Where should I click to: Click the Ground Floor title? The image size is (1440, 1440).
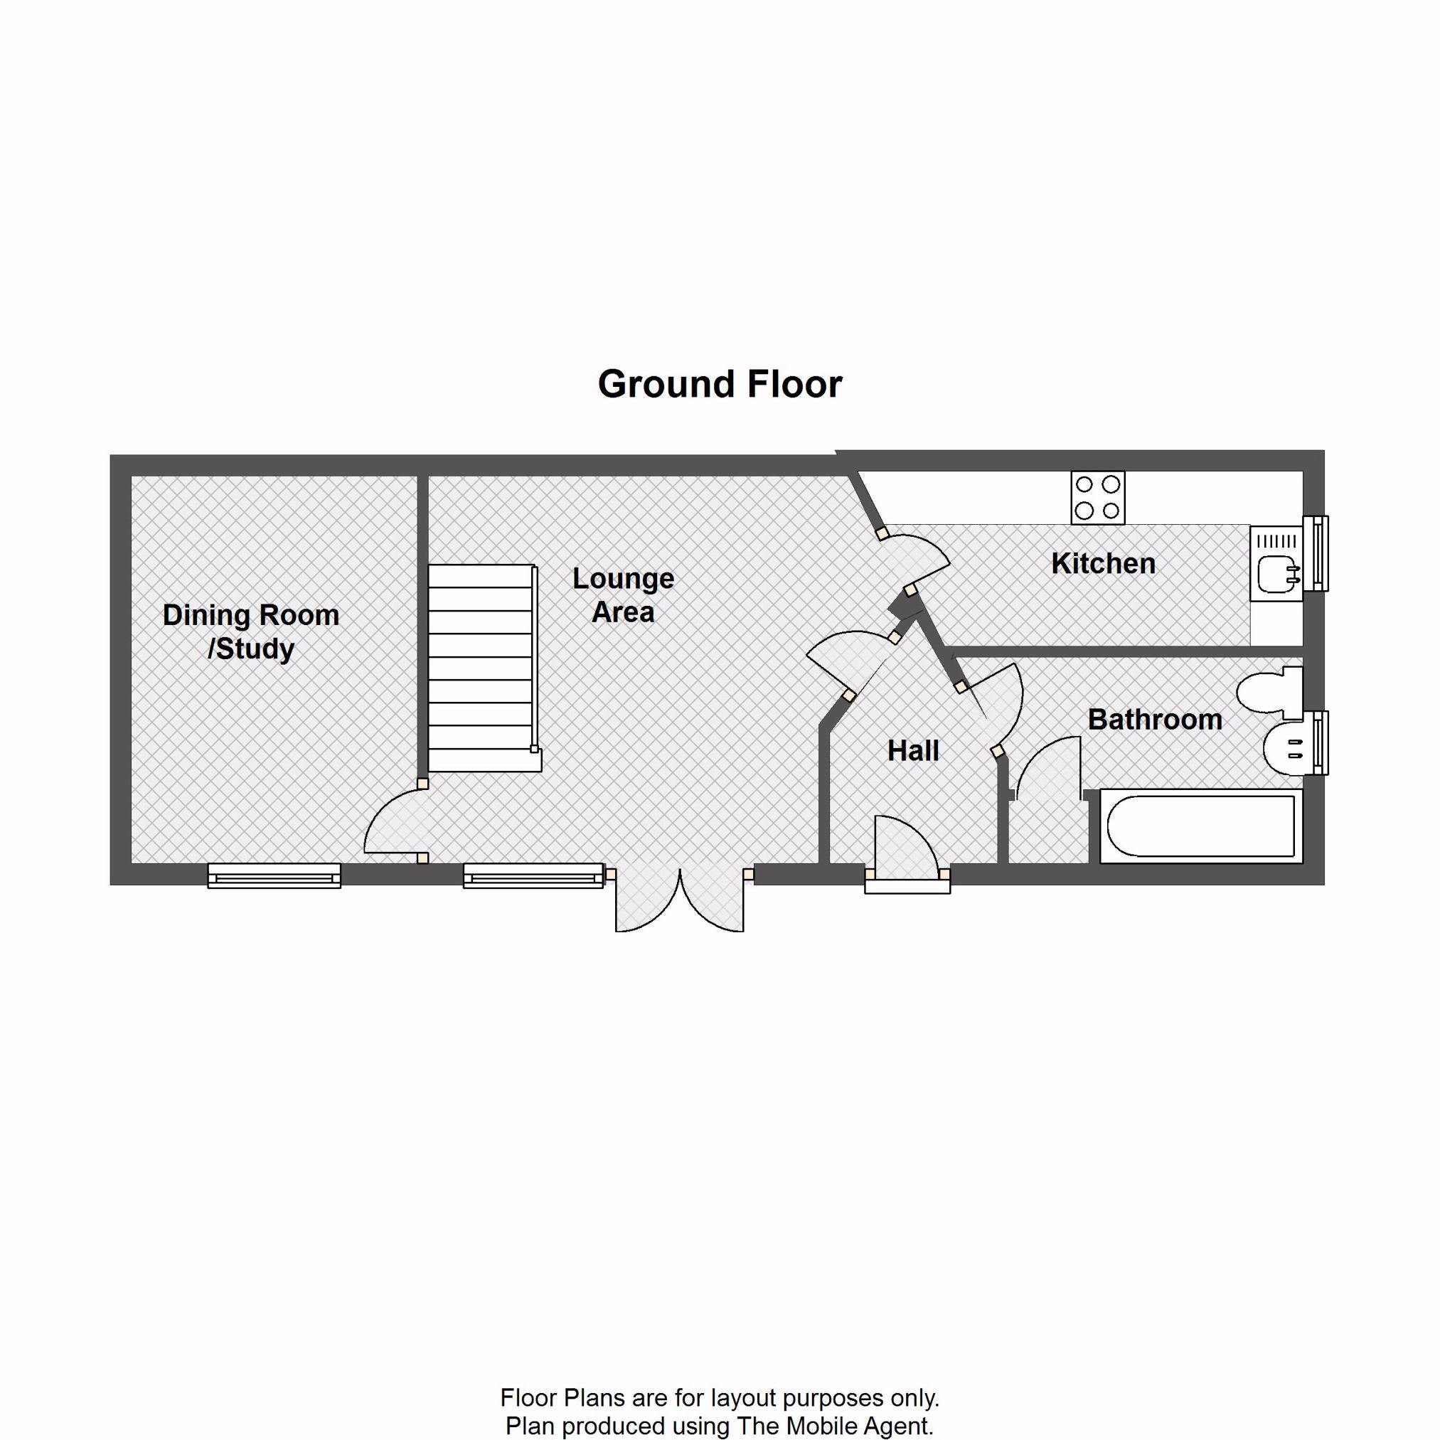coord(719,385)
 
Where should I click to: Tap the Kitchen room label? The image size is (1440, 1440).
coord(1103,563)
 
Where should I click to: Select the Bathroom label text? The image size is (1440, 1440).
coord(1155,719)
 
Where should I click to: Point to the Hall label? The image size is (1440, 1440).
coord(913,750)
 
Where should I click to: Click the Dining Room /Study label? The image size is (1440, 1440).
coord(251,632)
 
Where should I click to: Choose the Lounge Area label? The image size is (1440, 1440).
coord(623,594)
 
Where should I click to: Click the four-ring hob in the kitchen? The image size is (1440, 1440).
coord(1098,498)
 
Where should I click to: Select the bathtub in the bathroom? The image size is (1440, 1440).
coord(1200,826)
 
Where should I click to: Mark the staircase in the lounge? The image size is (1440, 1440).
coord(484,668)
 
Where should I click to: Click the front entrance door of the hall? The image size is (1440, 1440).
coord(907,851)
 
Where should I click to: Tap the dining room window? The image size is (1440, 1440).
coord(274,876)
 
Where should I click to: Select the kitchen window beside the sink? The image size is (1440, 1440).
coord(1316,553)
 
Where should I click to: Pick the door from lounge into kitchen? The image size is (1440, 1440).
coord(913,559)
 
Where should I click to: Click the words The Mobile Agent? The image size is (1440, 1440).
coord(834,1426)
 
